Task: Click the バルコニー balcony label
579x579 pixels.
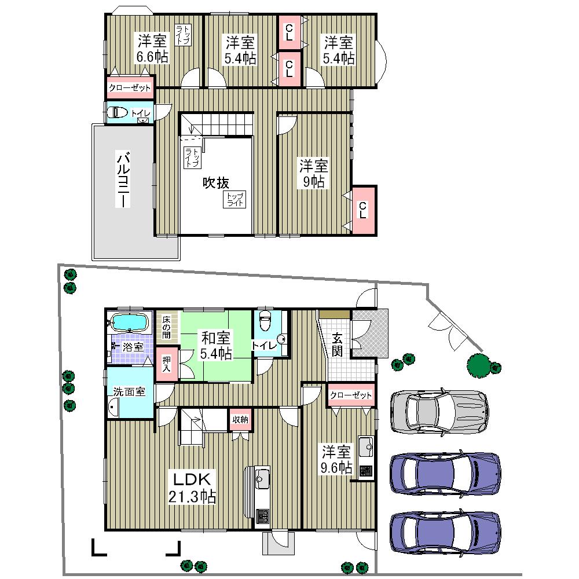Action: click(123, 179)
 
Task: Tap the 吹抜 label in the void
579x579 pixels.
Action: click(215, 183)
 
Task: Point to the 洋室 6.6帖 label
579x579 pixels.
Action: click(152, 49)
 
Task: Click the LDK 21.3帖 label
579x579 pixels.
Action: click(192, 488)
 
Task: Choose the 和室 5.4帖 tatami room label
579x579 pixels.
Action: click(217, 345)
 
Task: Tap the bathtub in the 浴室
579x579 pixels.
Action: click(129, 321)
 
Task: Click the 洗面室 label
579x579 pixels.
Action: click(129, 391)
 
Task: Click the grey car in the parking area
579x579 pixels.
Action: click(438, 411)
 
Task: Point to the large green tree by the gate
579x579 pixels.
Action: click(479, 365)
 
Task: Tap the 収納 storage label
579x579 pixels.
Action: click(240, 420)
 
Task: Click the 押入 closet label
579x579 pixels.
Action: click(166, 364)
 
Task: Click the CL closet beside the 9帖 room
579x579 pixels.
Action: click(363, 210)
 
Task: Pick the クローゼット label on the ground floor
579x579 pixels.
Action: click(350, 395)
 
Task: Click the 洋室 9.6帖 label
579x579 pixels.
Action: click(337, 459)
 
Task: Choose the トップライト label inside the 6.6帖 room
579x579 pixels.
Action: click(182, 35)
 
